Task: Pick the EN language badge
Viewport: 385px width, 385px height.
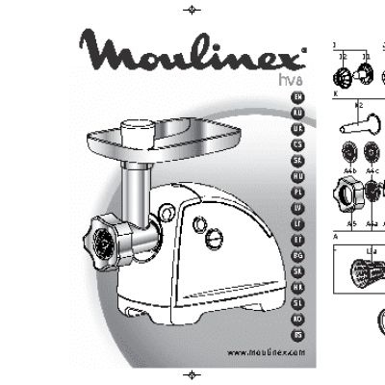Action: point(298,98)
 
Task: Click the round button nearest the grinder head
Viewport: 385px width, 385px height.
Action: point(199,226)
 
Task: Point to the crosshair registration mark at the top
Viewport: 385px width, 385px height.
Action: point(192,10)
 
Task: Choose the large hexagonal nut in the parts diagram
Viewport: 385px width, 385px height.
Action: point(346,189)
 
